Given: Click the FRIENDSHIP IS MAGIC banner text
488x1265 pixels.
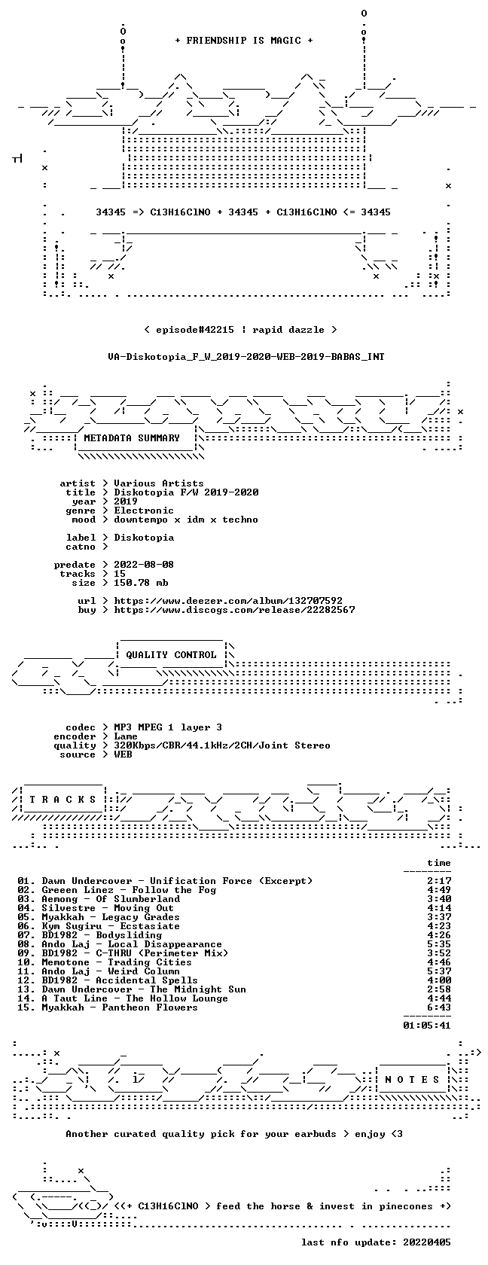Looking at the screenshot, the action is tap(244, 41).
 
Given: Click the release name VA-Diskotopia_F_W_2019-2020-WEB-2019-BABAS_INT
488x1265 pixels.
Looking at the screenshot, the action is tap(246, 357).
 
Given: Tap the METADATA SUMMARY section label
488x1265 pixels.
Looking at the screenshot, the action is tap(132, 438).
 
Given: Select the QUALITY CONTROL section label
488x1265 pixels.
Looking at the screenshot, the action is tap(171, 655).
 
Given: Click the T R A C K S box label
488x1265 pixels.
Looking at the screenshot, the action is tap(63, 800).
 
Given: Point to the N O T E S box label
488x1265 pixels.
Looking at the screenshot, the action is tap(412, 1080).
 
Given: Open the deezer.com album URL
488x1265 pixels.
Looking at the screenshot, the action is tap(228, 601).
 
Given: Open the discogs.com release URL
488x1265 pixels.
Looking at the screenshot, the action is tap(234, 610).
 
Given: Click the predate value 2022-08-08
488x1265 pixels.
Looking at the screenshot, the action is tap(144, 565).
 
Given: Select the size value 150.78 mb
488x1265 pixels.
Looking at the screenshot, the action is tap(142, 583).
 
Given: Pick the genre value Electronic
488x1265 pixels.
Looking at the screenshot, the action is tap(144, 511).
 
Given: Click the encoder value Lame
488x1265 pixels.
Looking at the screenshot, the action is tap(126, 736).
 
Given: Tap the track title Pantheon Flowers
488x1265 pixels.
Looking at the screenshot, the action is tap(150, 1007).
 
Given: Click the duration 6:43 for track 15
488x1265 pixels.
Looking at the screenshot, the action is tap(439, 1007).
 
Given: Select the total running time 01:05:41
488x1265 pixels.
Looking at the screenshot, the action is tap(427, 1026).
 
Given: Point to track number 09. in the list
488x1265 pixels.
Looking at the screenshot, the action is tap(26, 953).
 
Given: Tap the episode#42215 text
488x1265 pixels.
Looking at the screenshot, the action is tap(195, 330).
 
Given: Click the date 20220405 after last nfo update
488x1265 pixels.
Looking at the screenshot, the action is tap(427, 1242).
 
